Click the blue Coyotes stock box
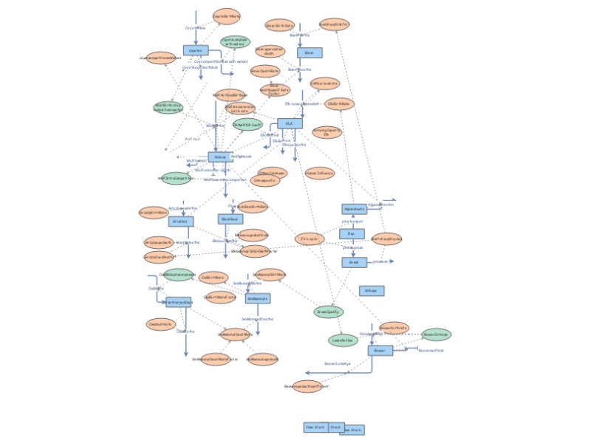196,50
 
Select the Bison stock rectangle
310,52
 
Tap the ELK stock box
290,124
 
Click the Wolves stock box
219,157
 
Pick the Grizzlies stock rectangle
180,221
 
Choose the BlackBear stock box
230,219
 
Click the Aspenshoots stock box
355,209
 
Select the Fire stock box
352,234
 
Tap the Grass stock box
354,262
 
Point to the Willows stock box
371,291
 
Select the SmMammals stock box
257,298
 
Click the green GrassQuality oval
328,312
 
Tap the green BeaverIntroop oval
436,334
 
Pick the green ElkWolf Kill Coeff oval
247,125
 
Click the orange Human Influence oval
320,174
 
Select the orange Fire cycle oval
310,238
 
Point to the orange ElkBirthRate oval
339,104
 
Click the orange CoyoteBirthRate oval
227,16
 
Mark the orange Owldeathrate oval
160,324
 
